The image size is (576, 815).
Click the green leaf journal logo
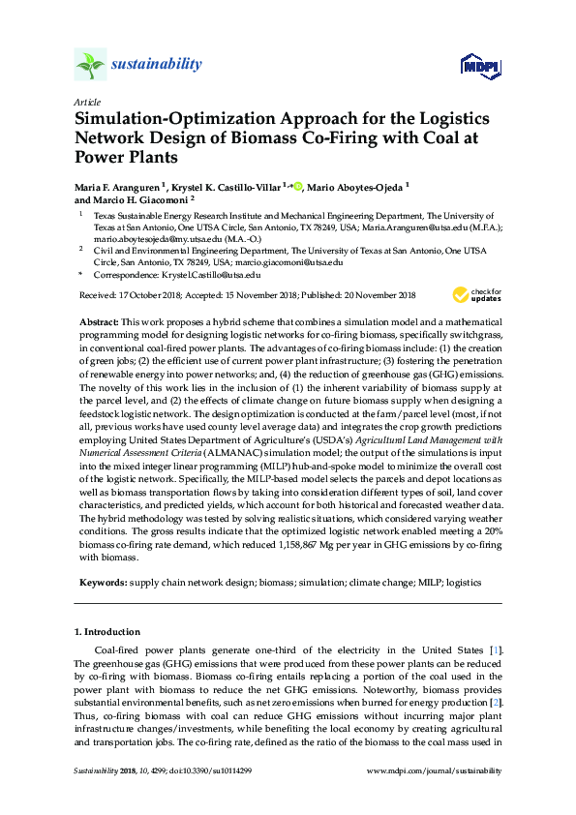tap(89, 65)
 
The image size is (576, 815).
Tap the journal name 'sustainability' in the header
tap(156, 65)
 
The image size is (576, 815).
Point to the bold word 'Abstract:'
tap(99, 318)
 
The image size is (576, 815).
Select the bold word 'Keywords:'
tap(103, 583)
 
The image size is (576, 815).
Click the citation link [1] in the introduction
tap(494, 649)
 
